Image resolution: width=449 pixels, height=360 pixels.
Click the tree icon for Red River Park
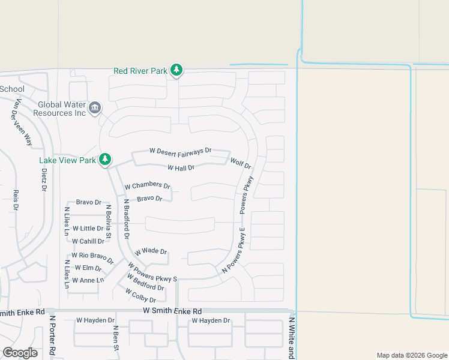click(x=176, y=71)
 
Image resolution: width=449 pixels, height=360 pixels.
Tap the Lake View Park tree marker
click(x=106, y=160)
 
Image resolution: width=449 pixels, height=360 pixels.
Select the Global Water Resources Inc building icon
click(x=95, y=108)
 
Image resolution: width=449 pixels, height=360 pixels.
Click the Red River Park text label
click(x=140, y=71)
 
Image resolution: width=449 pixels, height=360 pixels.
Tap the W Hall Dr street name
click(x=181, y=168)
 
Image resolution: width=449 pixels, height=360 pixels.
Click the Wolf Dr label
click(x=240, y=163)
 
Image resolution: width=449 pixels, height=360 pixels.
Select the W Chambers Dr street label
click(x=148, y=187)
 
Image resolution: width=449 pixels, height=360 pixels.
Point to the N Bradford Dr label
click(x=127, y=220)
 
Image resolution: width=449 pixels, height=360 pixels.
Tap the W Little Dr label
click(x=88, y=229)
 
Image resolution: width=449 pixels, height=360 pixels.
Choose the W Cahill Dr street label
click(x=88, y=241)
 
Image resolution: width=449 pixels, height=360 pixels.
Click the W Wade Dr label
click(x=151, y=251)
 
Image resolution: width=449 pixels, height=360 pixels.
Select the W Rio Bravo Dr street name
click(x=92, y=257)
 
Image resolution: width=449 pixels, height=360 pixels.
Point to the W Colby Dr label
click(x=140, y=295)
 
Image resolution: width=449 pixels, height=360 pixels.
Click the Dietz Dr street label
click(x=44, y=179)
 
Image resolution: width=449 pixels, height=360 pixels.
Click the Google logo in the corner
click(x=20, y=353)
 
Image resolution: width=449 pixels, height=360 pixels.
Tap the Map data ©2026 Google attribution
click(x=411, y=355)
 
